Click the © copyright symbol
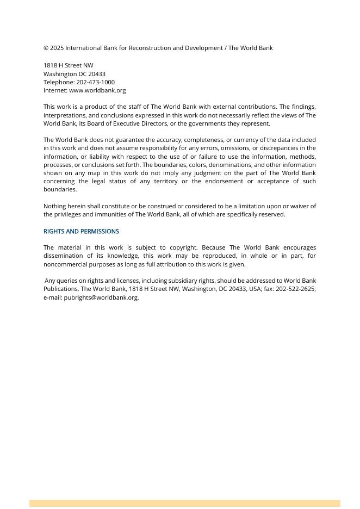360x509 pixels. (46, 48)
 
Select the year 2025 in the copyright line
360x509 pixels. (57, 48)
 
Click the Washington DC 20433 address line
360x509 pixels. (75, 74)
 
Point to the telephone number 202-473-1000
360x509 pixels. (95, 82)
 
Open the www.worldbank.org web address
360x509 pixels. (97, 90)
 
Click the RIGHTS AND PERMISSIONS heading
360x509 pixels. (81, 231)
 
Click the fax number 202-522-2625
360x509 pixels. (295, 289)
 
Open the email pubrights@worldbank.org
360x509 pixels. (101, 297)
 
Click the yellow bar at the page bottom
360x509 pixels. (185, 504)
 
